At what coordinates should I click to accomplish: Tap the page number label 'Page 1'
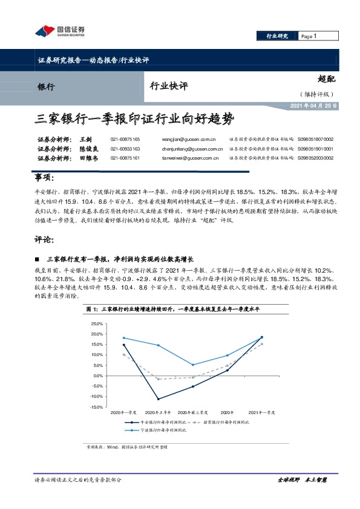point(309,36)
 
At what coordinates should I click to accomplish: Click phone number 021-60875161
point(125,158)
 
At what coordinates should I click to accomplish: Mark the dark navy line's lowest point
point(159,399)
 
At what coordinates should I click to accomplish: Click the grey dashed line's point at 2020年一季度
point(123,354)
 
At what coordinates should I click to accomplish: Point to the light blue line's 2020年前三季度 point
point(193,365)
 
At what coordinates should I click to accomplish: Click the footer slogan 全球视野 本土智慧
point(302,479)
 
